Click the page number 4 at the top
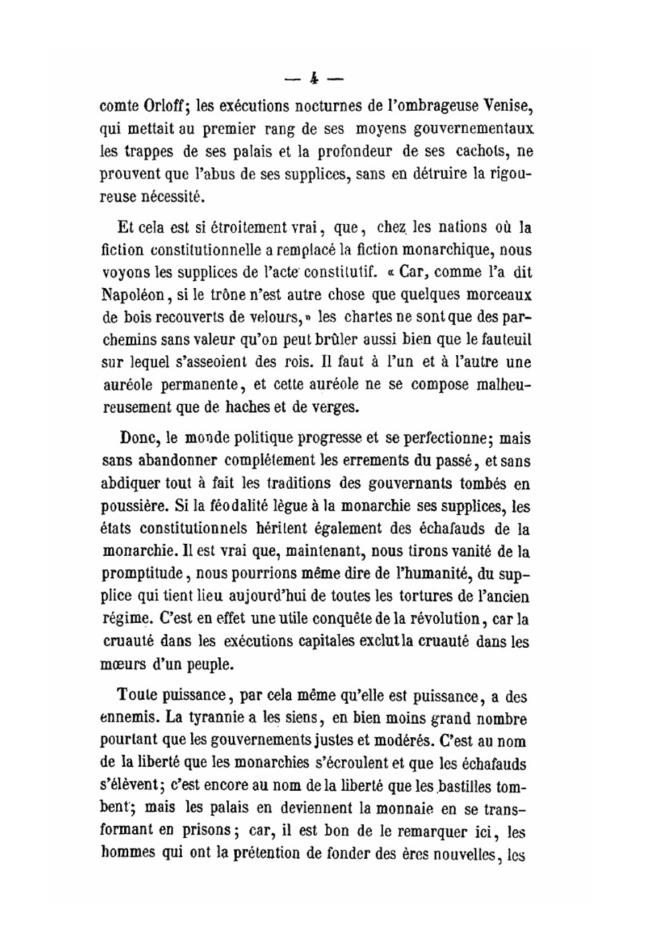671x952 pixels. [x=313, y=79]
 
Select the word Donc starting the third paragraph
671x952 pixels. [x=139, y=438]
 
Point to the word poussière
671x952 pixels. [x=130, y=506]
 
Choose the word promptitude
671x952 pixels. [x=142, y=574]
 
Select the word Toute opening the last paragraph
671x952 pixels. [x=138, y=696]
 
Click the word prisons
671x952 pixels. [x=207, y=830]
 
